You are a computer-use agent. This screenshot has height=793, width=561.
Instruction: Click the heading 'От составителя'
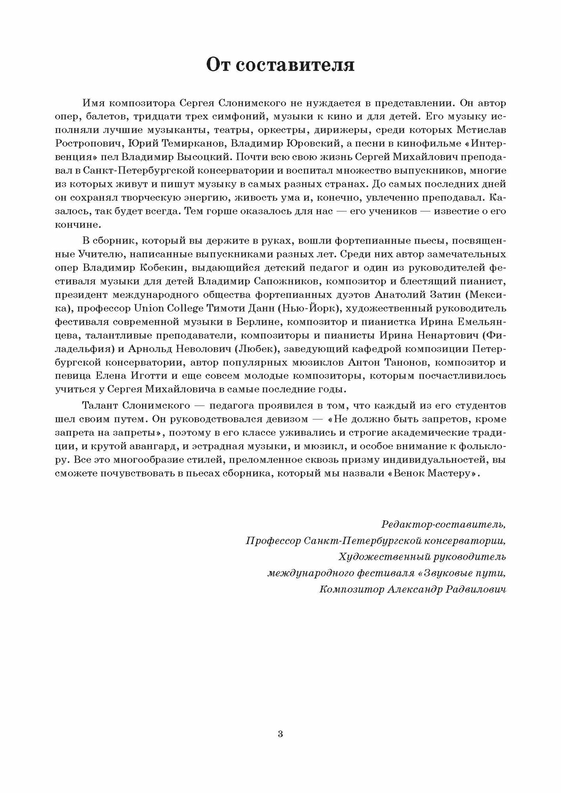coord(280,65)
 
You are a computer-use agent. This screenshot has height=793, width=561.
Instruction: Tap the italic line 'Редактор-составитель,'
coord(443,525)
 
